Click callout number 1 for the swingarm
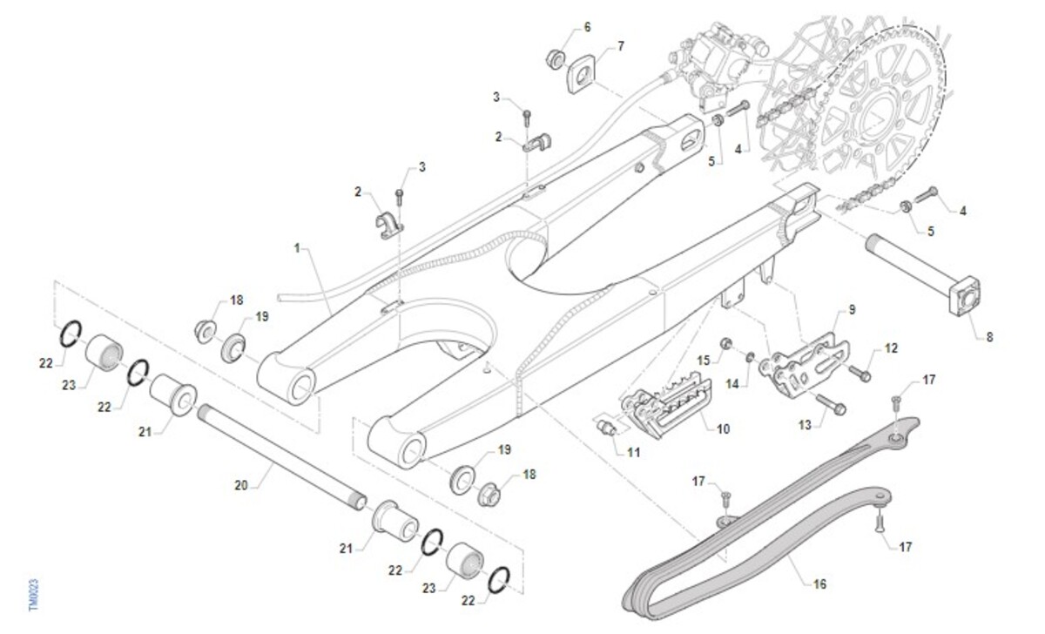(297, 249)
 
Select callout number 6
(587, 27)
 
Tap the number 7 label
(621, 45)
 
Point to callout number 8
(988, 335)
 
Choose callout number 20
(242, 485)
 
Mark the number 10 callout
(723, 428)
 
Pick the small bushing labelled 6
(554, 58)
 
